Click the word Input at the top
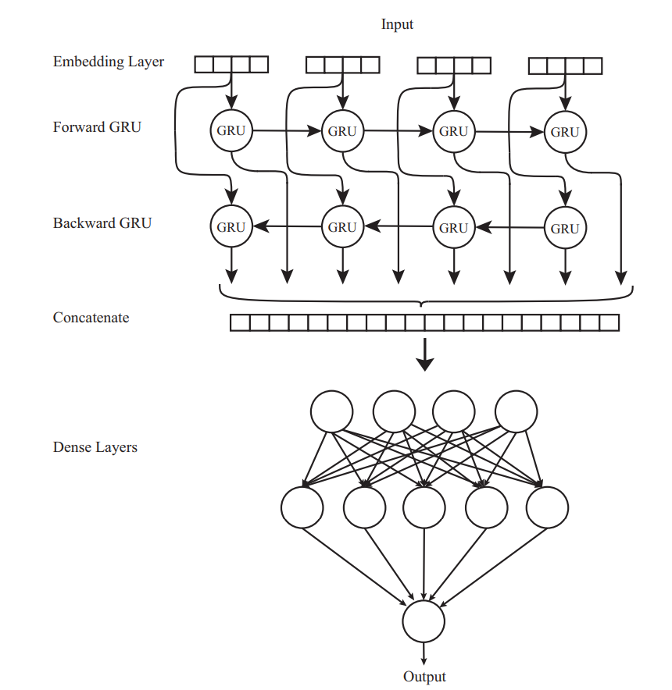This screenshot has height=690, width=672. point(397,24)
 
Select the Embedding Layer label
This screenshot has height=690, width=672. point(109,62)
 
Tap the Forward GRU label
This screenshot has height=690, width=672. point(97,126)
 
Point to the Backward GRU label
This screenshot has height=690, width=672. point(102,223)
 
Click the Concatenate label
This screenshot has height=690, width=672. point(91,318)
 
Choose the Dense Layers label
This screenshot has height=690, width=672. point(95,447)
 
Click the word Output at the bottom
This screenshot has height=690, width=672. point(424,677)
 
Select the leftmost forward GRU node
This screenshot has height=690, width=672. point(231,131)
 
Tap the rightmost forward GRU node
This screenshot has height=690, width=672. point(565,132)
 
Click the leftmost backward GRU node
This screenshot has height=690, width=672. point(231,228)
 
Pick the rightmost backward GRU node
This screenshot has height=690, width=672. point(565,229)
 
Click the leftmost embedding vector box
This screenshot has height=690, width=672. point(231,64)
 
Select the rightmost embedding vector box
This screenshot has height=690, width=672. point(566,66)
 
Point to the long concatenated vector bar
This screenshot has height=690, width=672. point(424,322)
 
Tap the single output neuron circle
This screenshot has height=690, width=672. point(424,622)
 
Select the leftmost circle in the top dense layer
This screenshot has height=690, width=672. point(332,410)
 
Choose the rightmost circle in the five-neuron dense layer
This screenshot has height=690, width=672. point(547,507)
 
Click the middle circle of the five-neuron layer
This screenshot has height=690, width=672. point(424,507)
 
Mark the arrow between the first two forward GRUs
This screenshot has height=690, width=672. point(287,131)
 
